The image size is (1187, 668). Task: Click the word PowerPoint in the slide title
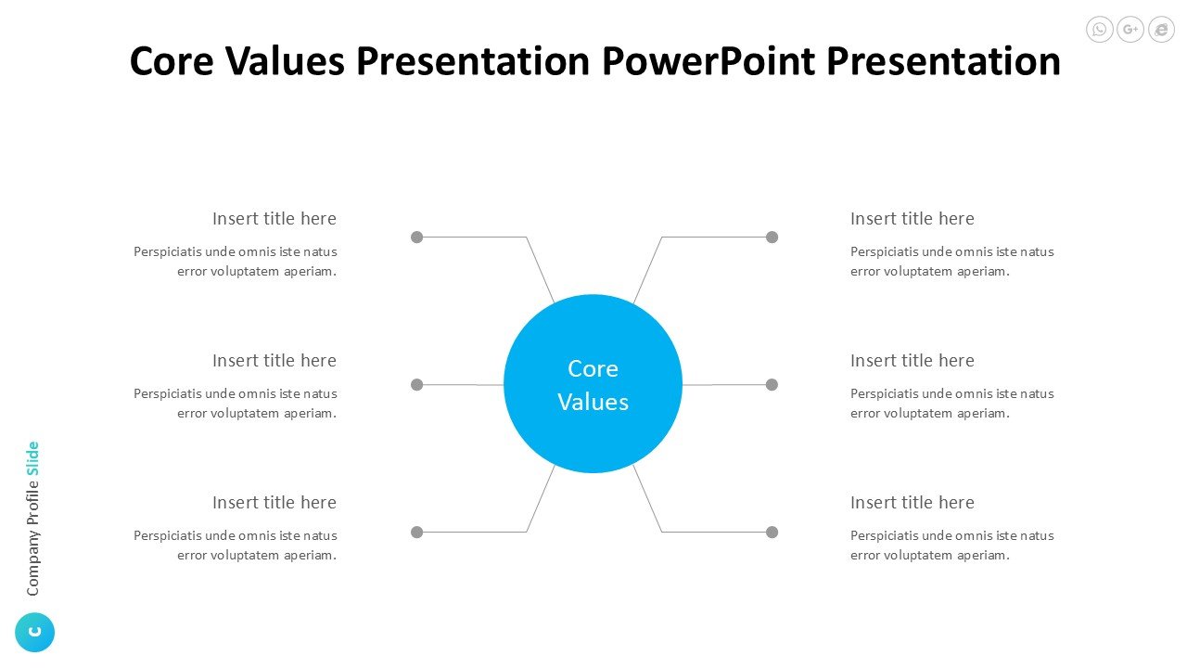pos(709,61)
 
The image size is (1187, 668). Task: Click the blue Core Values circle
pos(593,384)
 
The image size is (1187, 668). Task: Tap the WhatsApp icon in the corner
pos(1099,29)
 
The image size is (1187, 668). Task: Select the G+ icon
pos(1130,29)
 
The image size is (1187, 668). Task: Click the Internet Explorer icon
pos(1162,29)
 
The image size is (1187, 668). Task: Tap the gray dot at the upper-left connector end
pos(417,237)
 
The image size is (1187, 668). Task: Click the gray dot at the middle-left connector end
pos(417,384)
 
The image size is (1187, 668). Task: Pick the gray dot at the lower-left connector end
pos(417,532)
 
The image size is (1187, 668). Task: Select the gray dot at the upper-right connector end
pos(772,237)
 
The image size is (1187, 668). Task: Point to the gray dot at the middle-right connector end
pos(772,384)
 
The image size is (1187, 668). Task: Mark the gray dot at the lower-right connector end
pos(772,532)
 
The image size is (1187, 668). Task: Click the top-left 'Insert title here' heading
pos(274,218)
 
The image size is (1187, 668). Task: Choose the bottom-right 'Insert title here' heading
pos(913,502)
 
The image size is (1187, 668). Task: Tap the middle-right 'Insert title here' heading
pos(913,361)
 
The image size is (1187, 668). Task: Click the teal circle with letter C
pos(35,632)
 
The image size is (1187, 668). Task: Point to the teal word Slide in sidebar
pos(32,458)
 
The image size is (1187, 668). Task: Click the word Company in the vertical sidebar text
pos(33,562)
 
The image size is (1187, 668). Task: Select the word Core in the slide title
pos(172,61)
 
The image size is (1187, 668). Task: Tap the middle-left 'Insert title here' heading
pos(274,361)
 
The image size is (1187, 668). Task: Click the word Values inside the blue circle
pos(593,402)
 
